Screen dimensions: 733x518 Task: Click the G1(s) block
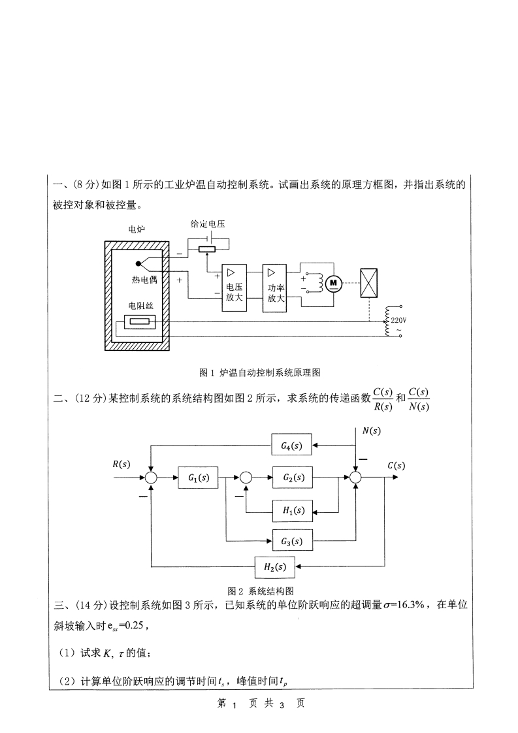(x=198, y=478)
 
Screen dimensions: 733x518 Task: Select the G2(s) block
(x=293, y=478)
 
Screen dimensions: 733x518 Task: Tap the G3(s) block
(x=291, y=541)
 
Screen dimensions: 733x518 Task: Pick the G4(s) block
(x=291, y=446)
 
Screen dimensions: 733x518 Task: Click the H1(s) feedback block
(x=293, y=510)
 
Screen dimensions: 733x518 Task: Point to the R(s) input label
(x=121, y=464)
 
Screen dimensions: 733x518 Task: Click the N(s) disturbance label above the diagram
(x=370, y=431)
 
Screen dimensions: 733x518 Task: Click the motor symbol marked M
(x=334, y=282)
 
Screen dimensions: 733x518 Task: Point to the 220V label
(x=398, y=320)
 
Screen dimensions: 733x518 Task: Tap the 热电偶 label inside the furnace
(x=144, y=280)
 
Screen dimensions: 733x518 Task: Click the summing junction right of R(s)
(x=151, y=478)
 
